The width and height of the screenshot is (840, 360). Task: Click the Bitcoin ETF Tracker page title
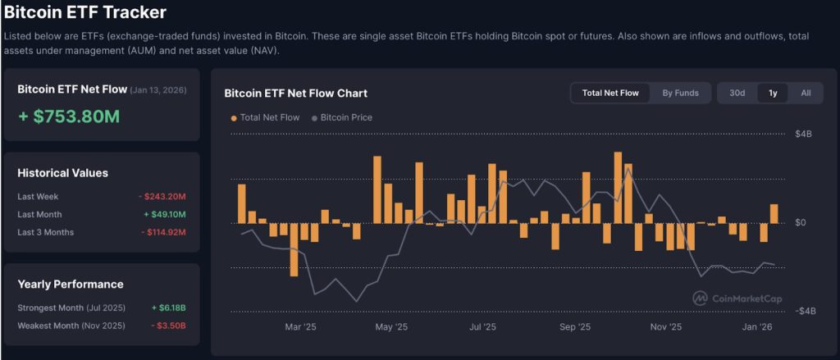coord(85,12)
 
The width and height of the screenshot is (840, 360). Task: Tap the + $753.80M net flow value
coord(69,116)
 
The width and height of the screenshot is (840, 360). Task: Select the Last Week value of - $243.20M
coord(162,197)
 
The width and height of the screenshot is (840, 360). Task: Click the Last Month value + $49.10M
coord(165,215)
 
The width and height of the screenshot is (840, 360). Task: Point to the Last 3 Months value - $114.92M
coord(162,233)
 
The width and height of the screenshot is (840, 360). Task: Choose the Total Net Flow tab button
coord(610,93)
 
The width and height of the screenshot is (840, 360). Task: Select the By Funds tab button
coord(681,93)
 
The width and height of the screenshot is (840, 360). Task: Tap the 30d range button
coord(737,93)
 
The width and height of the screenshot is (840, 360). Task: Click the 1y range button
coord(773,93)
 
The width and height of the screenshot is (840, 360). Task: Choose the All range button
coord(806,93)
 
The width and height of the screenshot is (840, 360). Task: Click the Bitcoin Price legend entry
coord(345,118)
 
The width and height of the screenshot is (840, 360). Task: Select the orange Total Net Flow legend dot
coord(233,118)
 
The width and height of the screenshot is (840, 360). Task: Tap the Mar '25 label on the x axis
coord(300,327)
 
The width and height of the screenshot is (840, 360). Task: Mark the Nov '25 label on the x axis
coord(666,327)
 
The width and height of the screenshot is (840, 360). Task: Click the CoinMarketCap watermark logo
coord(700,298)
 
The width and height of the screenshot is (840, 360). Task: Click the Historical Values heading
coord(63,173)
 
